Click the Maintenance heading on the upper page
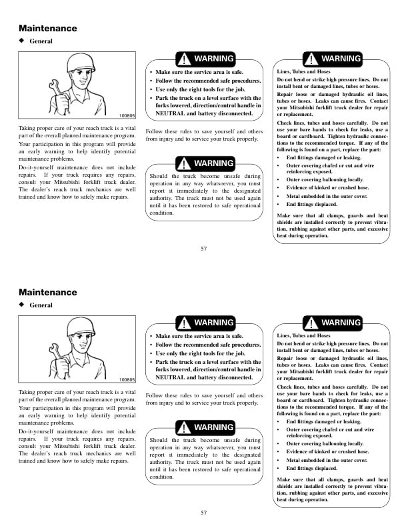tap(48, 29)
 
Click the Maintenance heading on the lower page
tap(48, 293)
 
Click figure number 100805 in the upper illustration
tap(127, 115)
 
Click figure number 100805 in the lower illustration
tap(127, 379)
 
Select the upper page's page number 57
tap(204, 249)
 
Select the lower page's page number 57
tap(204, 513)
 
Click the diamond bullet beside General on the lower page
tap(22, 305)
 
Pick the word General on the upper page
tap(41, 41)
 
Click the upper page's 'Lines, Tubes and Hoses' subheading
tap(303, 71)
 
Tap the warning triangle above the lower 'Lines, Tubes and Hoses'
tap(312, 323)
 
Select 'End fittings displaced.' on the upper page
tap(311, 205)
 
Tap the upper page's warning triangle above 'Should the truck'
tap(183, 163)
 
